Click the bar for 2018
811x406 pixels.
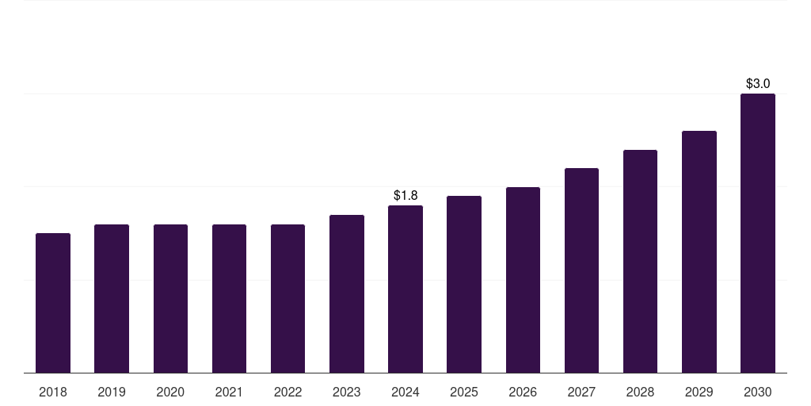pos(53,303)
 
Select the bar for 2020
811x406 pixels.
pos(170,298)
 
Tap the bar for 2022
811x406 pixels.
pos(287,298)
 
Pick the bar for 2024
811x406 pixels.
pos(405,289)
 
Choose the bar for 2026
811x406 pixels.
pos(523,280)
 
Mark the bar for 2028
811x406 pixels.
pos(640,261)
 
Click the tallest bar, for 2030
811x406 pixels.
pos(757,233)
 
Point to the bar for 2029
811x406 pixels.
pos(699,251)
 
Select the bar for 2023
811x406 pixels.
pos(347,293)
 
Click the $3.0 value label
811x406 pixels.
pos(758,83)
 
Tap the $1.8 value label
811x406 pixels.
pos(405,195)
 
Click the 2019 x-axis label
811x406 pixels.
pos(112,392)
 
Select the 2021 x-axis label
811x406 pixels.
pos(229,392)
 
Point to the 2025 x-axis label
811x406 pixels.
pos(464,392)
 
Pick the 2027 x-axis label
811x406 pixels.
pos(581,392)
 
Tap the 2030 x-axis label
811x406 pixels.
pos(757,392)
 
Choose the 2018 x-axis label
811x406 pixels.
pos(53,392)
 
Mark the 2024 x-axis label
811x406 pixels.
pos(405,392)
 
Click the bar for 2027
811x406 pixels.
pos(581,270)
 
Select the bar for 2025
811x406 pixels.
pos(464,284)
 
